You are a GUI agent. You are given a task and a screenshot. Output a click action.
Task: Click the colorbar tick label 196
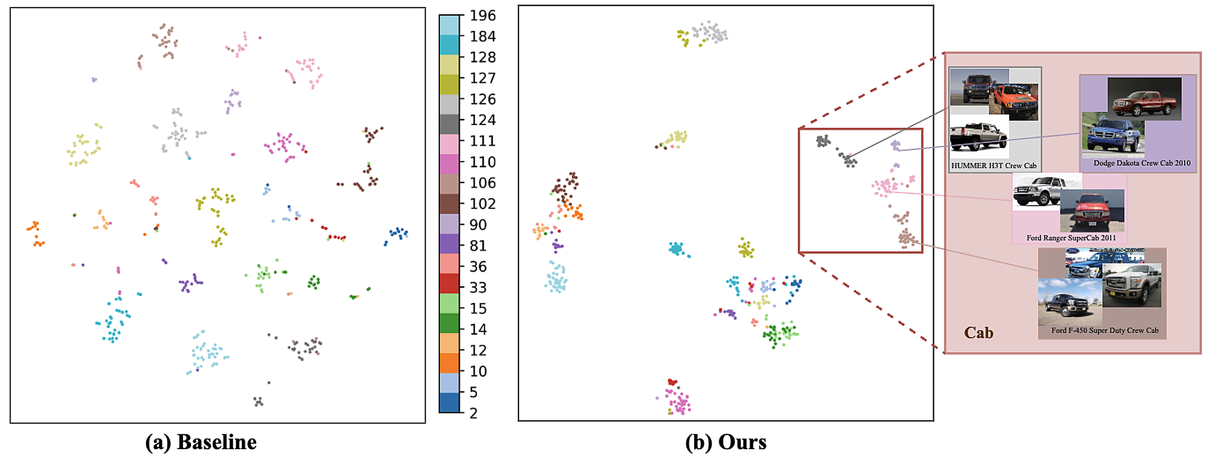pyautogui.click(x=483, y=15)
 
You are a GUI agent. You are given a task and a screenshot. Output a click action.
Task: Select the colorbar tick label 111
pyautogui.click(x=483, y=141)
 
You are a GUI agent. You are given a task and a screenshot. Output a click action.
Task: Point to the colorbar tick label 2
pyautogui.click(x=474, y=413)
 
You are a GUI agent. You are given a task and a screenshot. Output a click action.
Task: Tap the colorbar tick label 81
pyautogui.click(x=478, y=245)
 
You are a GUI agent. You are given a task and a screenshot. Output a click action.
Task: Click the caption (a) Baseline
pyautogui.click(x=201, y=442)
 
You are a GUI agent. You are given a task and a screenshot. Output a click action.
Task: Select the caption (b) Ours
pyautogui.click(x=725, y=442)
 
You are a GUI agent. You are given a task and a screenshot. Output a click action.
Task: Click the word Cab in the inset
pyautogui.click(x=978, y=333)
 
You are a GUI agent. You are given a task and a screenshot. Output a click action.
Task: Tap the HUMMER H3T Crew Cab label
pyautogui.click(x=993, y=166)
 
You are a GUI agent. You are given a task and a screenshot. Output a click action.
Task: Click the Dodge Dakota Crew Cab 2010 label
pyautogui.click(x=1142, y=163)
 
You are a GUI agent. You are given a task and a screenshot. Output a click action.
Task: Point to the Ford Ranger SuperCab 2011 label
pyautogui.click(x=1071, y=238)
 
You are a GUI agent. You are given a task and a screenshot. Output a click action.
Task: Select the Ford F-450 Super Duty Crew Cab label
pyautogui.click(x=1104, y=330)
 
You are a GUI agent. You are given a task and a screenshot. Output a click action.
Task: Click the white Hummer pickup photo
pyautogui.click(x=978, y=136)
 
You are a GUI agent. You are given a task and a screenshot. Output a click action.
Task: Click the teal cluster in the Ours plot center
pyautogui.click(x=676, y=249)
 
